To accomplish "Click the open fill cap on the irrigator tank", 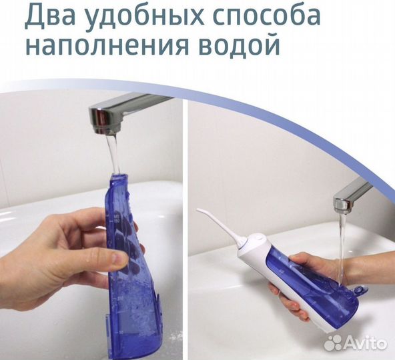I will click(x=360, y=291).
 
